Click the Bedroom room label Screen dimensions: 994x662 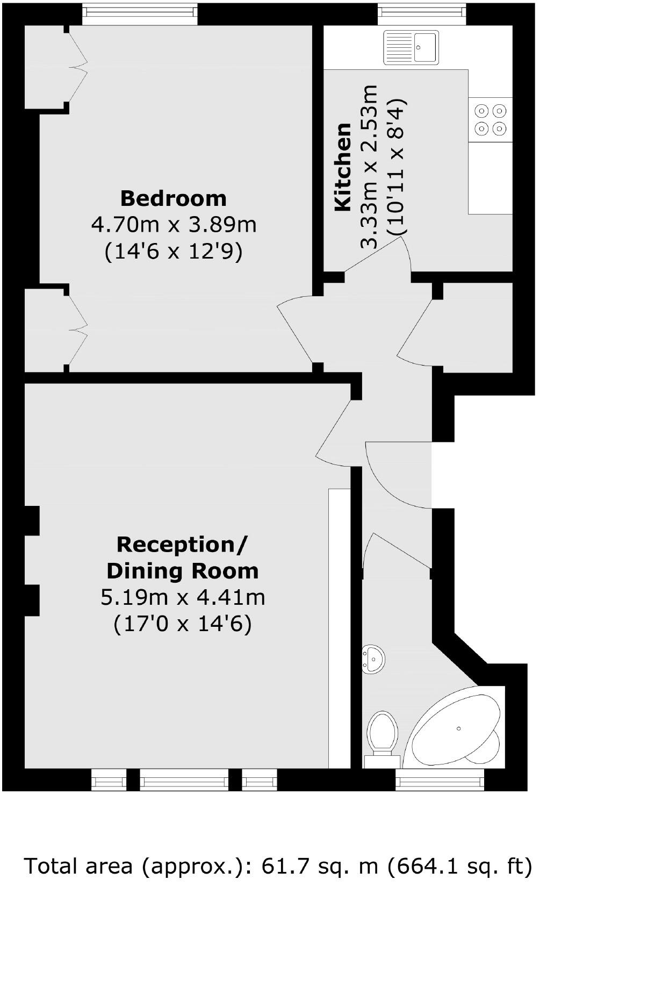click(x=174, y=198)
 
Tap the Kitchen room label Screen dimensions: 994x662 click(x=342, y=167)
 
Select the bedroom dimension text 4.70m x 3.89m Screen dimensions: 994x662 click(x=174, y=224)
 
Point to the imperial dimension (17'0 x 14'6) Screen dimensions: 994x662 click(x=183, y=624)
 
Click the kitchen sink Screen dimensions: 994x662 click(x=411, y=47)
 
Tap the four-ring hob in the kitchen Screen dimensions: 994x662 click(x=491, y=120)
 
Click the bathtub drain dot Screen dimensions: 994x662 click(x=459, y=728)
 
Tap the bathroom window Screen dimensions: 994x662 click(x=440, y=780)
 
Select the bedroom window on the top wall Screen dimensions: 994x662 click(x=140, y=14)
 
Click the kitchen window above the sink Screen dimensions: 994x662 click(x=421, y=14)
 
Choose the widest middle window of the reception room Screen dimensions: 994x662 click(x=184, y=780)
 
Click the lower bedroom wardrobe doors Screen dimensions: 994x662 click(x=77, y=328)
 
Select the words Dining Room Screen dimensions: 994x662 click(x=183, y=571)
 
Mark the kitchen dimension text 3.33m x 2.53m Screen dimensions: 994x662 click(x=370, y=167)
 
